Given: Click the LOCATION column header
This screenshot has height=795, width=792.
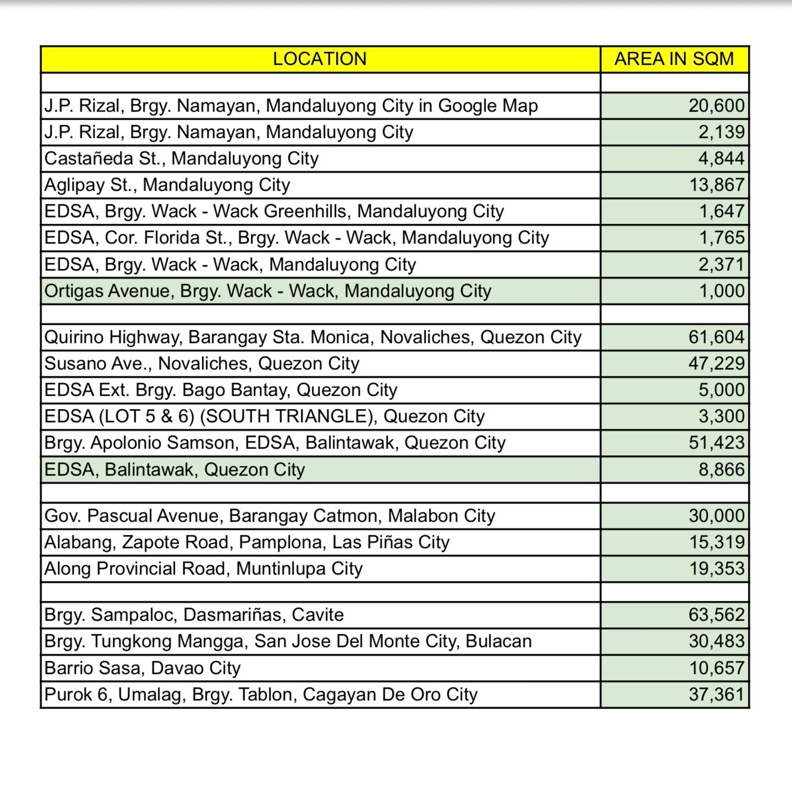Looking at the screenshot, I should click(320, 59).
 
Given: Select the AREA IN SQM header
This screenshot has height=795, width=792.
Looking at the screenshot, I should click(674, 59).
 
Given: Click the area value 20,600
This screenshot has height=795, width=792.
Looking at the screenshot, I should click(716, 106).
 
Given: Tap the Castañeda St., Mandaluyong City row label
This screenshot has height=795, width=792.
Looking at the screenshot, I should click(182, 158).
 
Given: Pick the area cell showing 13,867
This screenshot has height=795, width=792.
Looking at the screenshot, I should click(717, 185).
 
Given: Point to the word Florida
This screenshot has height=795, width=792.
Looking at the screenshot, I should click(172, 238).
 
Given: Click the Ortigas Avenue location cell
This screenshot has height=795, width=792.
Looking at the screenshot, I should click(268, 291).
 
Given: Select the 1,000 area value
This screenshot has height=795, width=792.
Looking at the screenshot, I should click(722, 291).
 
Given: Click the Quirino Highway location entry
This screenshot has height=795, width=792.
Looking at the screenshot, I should click(312, 337).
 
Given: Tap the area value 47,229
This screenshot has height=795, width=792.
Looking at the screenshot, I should click(716, 363).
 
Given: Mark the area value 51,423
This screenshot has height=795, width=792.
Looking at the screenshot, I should click(716, 443).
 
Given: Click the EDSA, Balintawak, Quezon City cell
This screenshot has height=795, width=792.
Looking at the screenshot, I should click(174, 470).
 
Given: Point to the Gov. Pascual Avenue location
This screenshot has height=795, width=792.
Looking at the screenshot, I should click(269, 516).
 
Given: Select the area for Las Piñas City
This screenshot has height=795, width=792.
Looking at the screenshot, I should click(717, 542).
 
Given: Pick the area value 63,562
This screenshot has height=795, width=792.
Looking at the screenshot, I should click(716, 615).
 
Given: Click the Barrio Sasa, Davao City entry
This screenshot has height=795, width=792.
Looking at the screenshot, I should click(142, 668).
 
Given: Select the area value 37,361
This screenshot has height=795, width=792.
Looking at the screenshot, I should click(716, 694).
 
